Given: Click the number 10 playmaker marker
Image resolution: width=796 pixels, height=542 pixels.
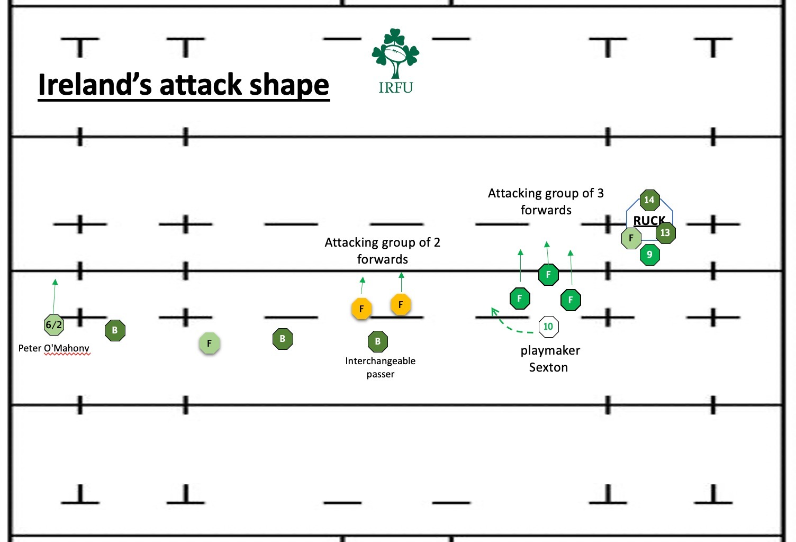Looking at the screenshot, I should [548, 327].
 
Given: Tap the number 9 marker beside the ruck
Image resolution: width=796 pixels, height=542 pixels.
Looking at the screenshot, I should [649, 255].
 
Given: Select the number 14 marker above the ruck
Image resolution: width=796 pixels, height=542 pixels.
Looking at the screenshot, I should [649, 200].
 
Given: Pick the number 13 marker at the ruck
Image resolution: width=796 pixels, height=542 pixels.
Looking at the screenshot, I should [665, 233].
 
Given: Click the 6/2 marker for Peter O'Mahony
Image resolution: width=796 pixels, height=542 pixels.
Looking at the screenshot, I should [53, 324].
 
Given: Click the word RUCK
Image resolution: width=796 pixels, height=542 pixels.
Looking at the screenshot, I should [649, 220].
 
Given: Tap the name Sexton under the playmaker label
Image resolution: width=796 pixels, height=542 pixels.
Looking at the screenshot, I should [548, 367].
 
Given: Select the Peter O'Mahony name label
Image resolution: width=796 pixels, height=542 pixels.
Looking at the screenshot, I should [53, 348].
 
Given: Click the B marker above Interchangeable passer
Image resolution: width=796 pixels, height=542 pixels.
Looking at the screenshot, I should [377, 341].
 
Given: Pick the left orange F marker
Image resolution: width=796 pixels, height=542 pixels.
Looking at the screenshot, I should [361, 309].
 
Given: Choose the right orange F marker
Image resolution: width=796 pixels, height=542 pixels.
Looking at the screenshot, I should [401, 304].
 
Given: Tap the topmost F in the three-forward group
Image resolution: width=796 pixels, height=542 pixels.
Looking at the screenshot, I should [548, 274].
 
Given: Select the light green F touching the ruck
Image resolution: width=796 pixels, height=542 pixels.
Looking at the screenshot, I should [631, 239].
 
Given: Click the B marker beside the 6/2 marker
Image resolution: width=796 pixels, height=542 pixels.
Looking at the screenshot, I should [115, 330].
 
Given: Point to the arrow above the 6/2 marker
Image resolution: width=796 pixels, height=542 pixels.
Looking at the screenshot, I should [54, 296].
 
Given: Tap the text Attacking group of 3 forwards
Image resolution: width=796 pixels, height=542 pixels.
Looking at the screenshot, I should [546, 202].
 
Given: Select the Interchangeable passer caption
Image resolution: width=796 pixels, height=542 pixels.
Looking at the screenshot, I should [380, 367].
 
